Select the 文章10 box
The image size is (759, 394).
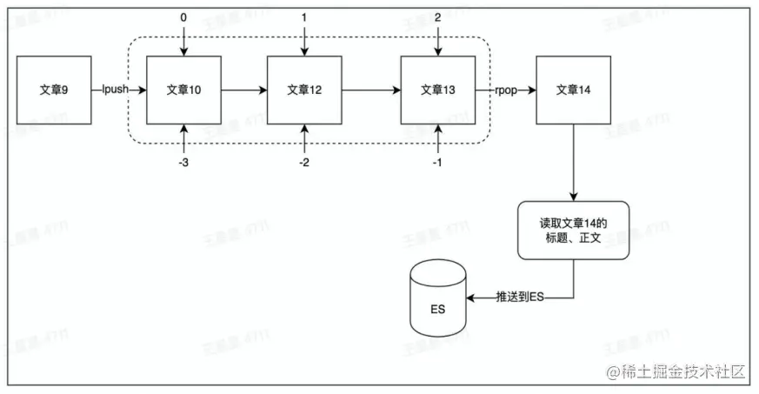[x=183, y=89]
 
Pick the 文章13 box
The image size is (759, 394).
[x=438, y=89]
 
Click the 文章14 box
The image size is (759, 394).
[x=573, y=89]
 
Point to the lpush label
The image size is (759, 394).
[x=116, y=89]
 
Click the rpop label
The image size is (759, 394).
[x=508, y=89]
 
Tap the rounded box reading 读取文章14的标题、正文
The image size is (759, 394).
[x=573, y=230]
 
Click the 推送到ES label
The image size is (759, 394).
[x=519, y=297]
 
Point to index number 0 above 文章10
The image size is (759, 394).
[x=183, y=17]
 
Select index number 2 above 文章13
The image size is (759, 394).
[x=438, y=17]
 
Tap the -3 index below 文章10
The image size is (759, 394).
[x=183, y=162]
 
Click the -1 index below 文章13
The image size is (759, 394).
[x=438, y=162]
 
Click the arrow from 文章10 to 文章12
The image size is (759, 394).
[x=244, y=89]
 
